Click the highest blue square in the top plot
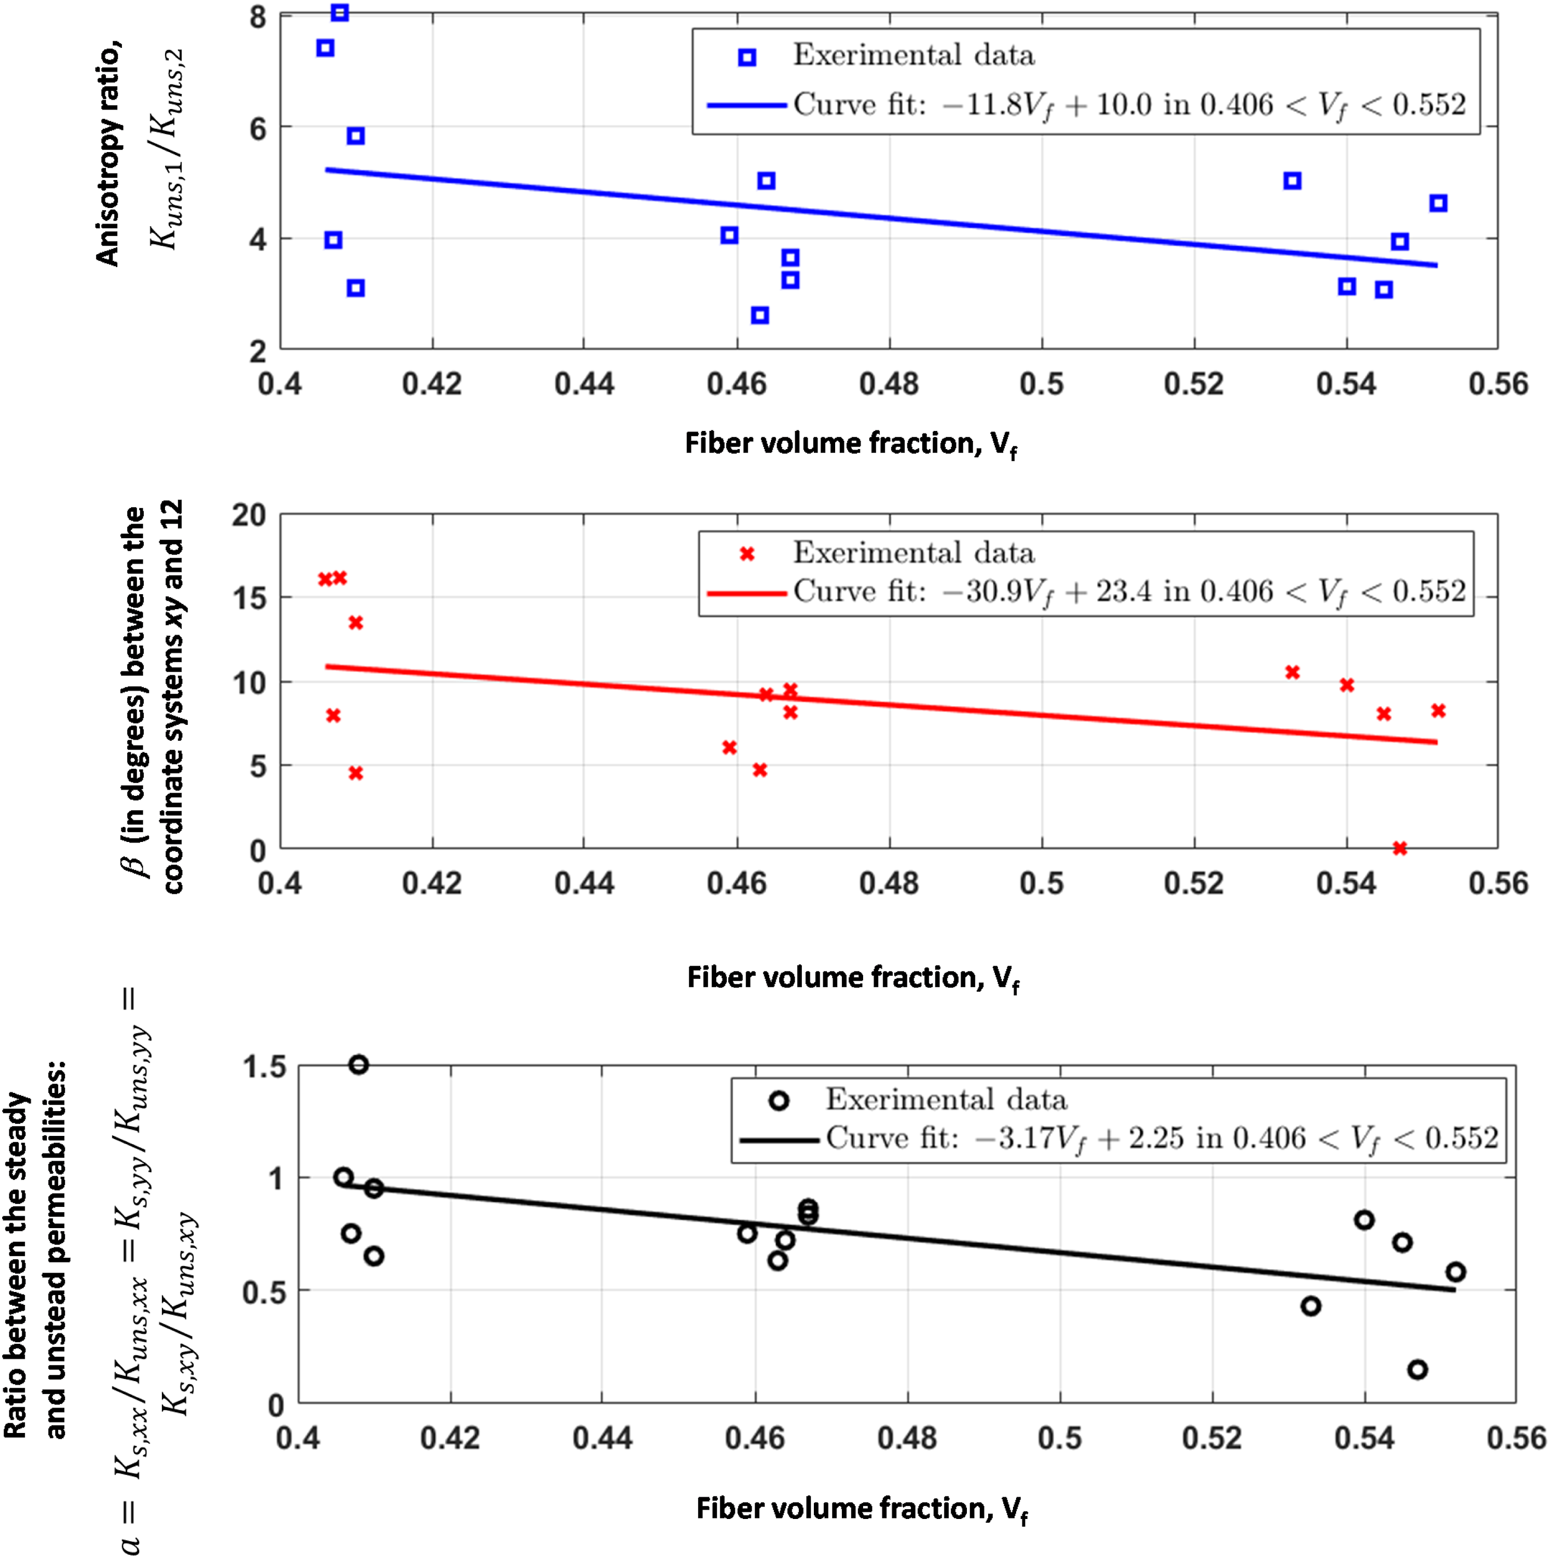[x=340, y=13]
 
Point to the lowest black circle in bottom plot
[x=1417, y=1369]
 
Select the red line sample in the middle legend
[x=747, y=594]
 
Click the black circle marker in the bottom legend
[x=778, y=1101]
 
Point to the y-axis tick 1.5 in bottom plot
[x=264, y=1067]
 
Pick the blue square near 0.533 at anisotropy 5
[x=1292, y=180]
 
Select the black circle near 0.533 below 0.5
[x=1311, y=1306]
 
